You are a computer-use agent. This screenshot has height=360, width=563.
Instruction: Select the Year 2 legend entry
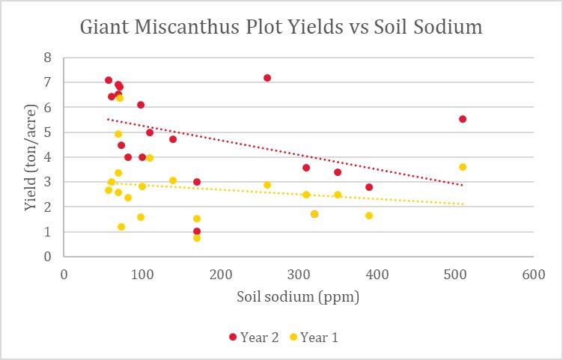pos(254,338)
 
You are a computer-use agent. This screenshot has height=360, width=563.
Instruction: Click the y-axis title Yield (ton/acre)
pos(31,156)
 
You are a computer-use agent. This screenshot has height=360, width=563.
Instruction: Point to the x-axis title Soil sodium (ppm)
pos(298,297)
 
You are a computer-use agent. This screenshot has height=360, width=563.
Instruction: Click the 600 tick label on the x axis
pos(533,274)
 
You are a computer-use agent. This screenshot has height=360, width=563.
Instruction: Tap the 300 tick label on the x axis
pos(299,274)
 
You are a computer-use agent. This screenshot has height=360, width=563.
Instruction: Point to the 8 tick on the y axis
pos(47,58)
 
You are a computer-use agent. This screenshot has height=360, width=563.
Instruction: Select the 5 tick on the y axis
pos(47,132)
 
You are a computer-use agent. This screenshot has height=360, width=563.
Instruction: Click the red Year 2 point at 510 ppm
pos(463,119)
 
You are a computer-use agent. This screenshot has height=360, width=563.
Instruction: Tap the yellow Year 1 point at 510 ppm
pos(463,167)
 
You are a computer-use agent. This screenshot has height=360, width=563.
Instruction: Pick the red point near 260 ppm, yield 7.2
pos(267,78)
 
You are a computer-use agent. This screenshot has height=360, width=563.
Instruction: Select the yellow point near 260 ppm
pos(267,185)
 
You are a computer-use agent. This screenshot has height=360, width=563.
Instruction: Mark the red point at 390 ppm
pos(369,187)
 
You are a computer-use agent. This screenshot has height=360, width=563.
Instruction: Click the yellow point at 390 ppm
pos(369,216)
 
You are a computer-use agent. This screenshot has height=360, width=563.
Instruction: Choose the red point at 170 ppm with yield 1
pos(197,231)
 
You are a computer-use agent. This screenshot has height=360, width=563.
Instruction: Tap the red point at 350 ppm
pos(338,172)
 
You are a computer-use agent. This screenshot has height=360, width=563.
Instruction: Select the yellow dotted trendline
pos(299,194)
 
